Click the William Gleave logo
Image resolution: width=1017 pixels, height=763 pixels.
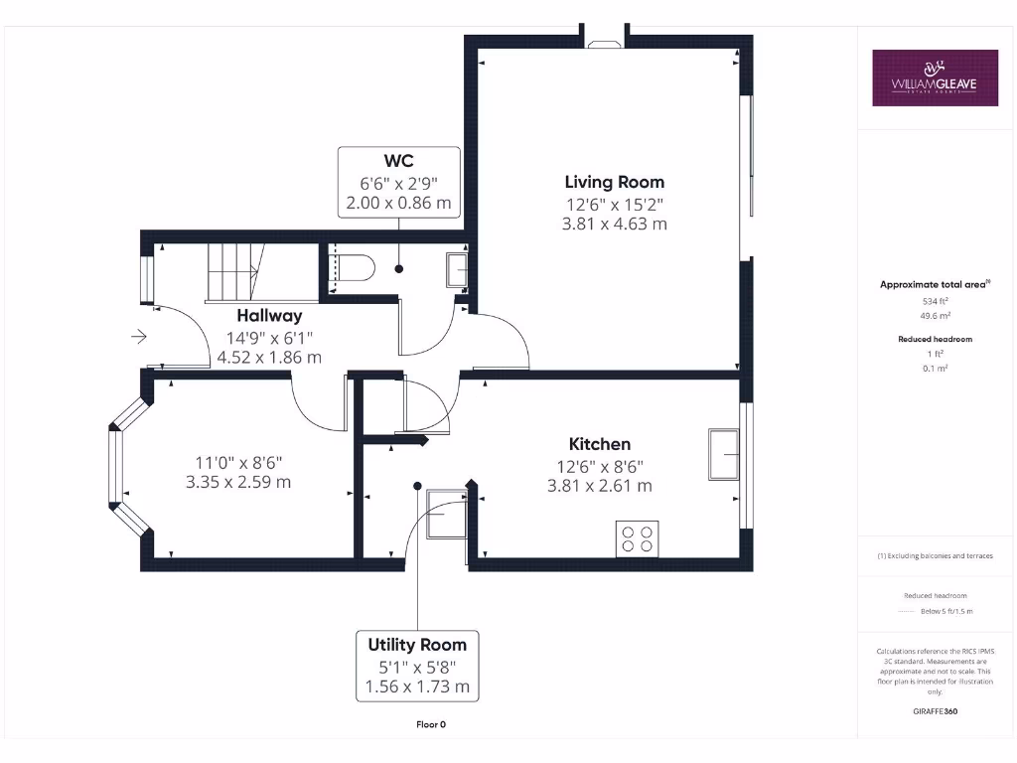[x=935, y=77]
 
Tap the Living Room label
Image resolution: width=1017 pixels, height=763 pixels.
[x=614, y=182]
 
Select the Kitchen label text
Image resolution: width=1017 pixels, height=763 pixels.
[x=599, y=444]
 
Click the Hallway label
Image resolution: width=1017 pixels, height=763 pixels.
[x=269, y=316]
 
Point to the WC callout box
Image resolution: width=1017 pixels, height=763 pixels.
[x=398, y=182]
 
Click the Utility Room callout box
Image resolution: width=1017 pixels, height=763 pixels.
[x=417, y=665]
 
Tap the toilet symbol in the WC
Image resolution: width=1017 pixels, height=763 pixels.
[x=355, y=267]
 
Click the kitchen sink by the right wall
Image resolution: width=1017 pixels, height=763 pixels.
[x=724, y=454]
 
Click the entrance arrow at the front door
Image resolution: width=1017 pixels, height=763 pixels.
[x=138, y=338]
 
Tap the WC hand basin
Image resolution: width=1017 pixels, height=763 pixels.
[x=458, y=268]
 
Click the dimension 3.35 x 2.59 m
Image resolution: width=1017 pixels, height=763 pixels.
[x=238, y=483]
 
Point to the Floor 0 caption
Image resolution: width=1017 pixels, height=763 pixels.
[x=431, y=724]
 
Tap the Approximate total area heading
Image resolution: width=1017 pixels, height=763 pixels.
[x=934, y=285]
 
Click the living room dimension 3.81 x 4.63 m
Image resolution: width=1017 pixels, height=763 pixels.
[x=614, y=225]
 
